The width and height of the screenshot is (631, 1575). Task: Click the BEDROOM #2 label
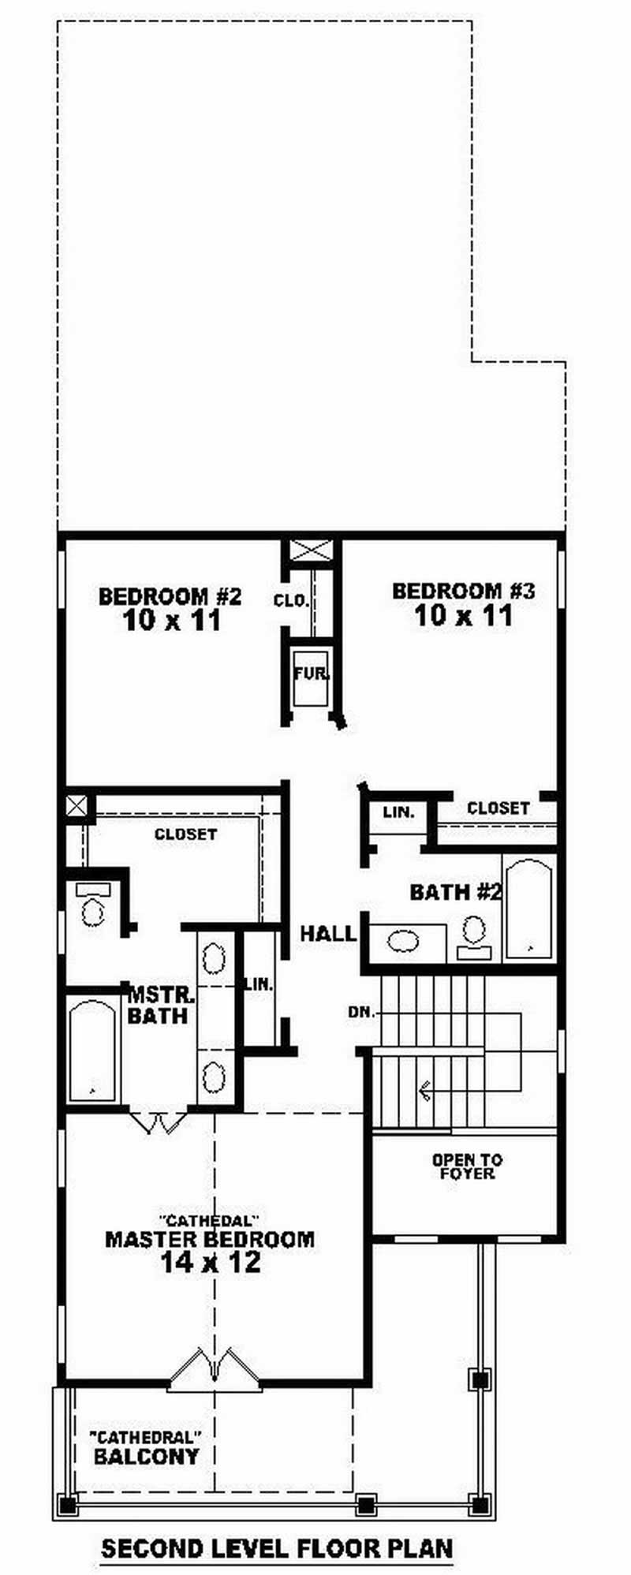coord(169,596)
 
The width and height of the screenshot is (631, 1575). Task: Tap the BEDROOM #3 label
coord(464,591)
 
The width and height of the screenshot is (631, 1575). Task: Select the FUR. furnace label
coord(312,674)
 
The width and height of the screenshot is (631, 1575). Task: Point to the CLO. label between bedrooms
coord(290,601)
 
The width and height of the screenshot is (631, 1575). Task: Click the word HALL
coord(328,935)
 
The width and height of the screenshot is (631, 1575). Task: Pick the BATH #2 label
coord(456,893)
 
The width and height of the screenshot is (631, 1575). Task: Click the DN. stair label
coord(362,1012)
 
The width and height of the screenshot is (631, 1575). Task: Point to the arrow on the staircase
coord(426,1091)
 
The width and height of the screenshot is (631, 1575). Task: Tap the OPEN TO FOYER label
coord(467,1166)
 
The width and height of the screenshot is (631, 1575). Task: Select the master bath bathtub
coord(92,1051)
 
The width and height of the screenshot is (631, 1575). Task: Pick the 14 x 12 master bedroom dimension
coord(210,1263)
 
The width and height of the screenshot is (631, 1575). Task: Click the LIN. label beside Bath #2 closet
coord(399,812)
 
